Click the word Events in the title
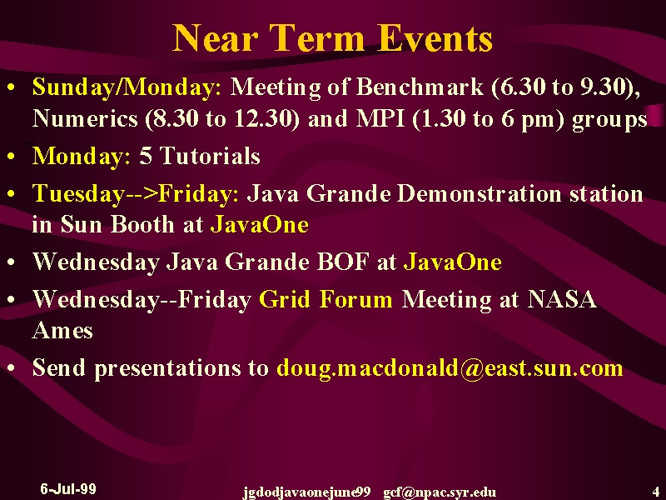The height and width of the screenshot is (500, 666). tap(435, 37)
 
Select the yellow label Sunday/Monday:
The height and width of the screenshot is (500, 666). tap(127, 87)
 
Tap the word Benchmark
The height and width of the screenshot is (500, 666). tap(420, 87)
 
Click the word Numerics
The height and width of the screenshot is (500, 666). tap(85, 117)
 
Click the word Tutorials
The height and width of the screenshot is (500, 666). tap(211, 155)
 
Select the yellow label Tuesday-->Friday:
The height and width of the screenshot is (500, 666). tap(136, 193)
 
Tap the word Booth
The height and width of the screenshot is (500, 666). tap(142, 223)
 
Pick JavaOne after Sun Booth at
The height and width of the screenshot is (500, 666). tap(260, 224)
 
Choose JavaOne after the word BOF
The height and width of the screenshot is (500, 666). tap(452, 262)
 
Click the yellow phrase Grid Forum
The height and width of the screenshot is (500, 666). tap(326, 299)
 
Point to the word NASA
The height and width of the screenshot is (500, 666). tap(562, 299)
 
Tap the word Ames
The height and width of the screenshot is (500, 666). tap(62, 330)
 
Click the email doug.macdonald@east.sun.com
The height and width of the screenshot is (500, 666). tap(450, 368)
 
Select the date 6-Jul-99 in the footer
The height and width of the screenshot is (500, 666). tap(68, 488)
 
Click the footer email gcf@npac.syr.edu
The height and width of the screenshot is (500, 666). tap(440, 492)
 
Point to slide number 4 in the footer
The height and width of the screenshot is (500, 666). tap(655, 489)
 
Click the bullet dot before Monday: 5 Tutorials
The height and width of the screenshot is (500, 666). tap(11, 156)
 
